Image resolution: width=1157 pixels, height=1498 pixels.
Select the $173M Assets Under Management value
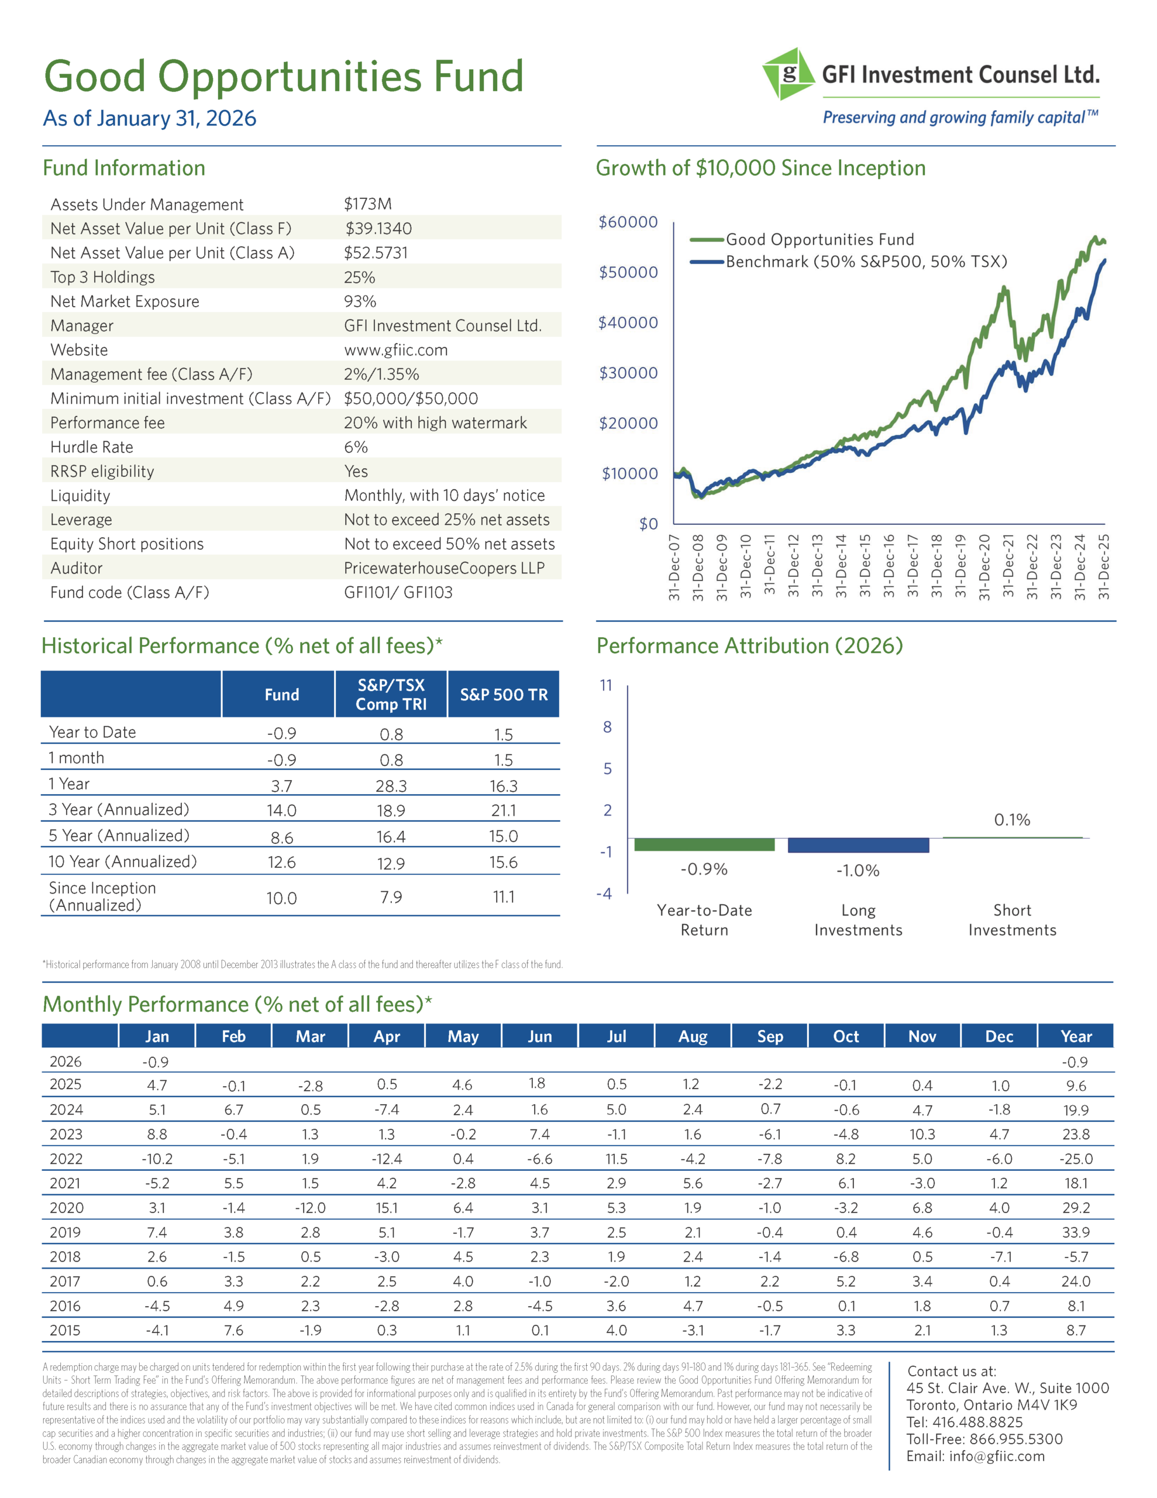(x=367, y=204)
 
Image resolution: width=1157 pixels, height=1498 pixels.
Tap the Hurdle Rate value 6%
(x=356, y=447)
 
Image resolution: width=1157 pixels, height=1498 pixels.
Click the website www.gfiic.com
(x=396, y=350)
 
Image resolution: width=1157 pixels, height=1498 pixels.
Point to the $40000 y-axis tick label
(x=628, y=322)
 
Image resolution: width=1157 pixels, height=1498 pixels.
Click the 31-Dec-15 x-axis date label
(x=865, y=566)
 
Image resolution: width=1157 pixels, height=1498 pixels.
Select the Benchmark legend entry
(x=866, y=262)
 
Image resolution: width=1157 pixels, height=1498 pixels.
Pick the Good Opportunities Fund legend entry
(x=819, y=239)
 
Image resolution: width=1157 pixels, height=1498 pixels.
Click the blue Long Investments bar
(x=858, y=845)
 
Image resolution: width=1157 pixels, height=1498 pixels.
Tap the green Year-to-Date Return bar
(x=704, y=844)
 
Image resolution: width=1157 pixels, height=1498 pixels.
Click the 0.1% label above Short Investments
(x=1011, y=820)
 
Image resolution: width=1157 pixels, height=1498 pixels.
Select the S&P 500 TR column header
(x=504, y=695)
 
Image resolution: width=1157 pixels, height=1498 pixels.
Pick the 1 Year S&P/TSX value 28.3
(x=391, y=786)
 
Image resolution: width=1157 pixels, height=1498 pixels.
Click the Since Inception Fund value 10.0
(x=281, y=898)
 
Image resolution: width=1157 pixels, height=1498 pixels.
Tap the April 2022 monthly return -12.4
(x=387, y=1159)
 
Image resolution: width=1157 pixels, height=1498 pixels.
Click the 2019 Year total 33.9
(x=1075, y=1232)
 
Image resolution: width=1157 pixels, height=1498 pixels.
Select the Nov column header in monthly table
(x=922, y=1036)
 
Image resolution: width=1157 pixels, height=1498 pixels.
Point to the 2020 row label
(x=66, y=1208)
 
